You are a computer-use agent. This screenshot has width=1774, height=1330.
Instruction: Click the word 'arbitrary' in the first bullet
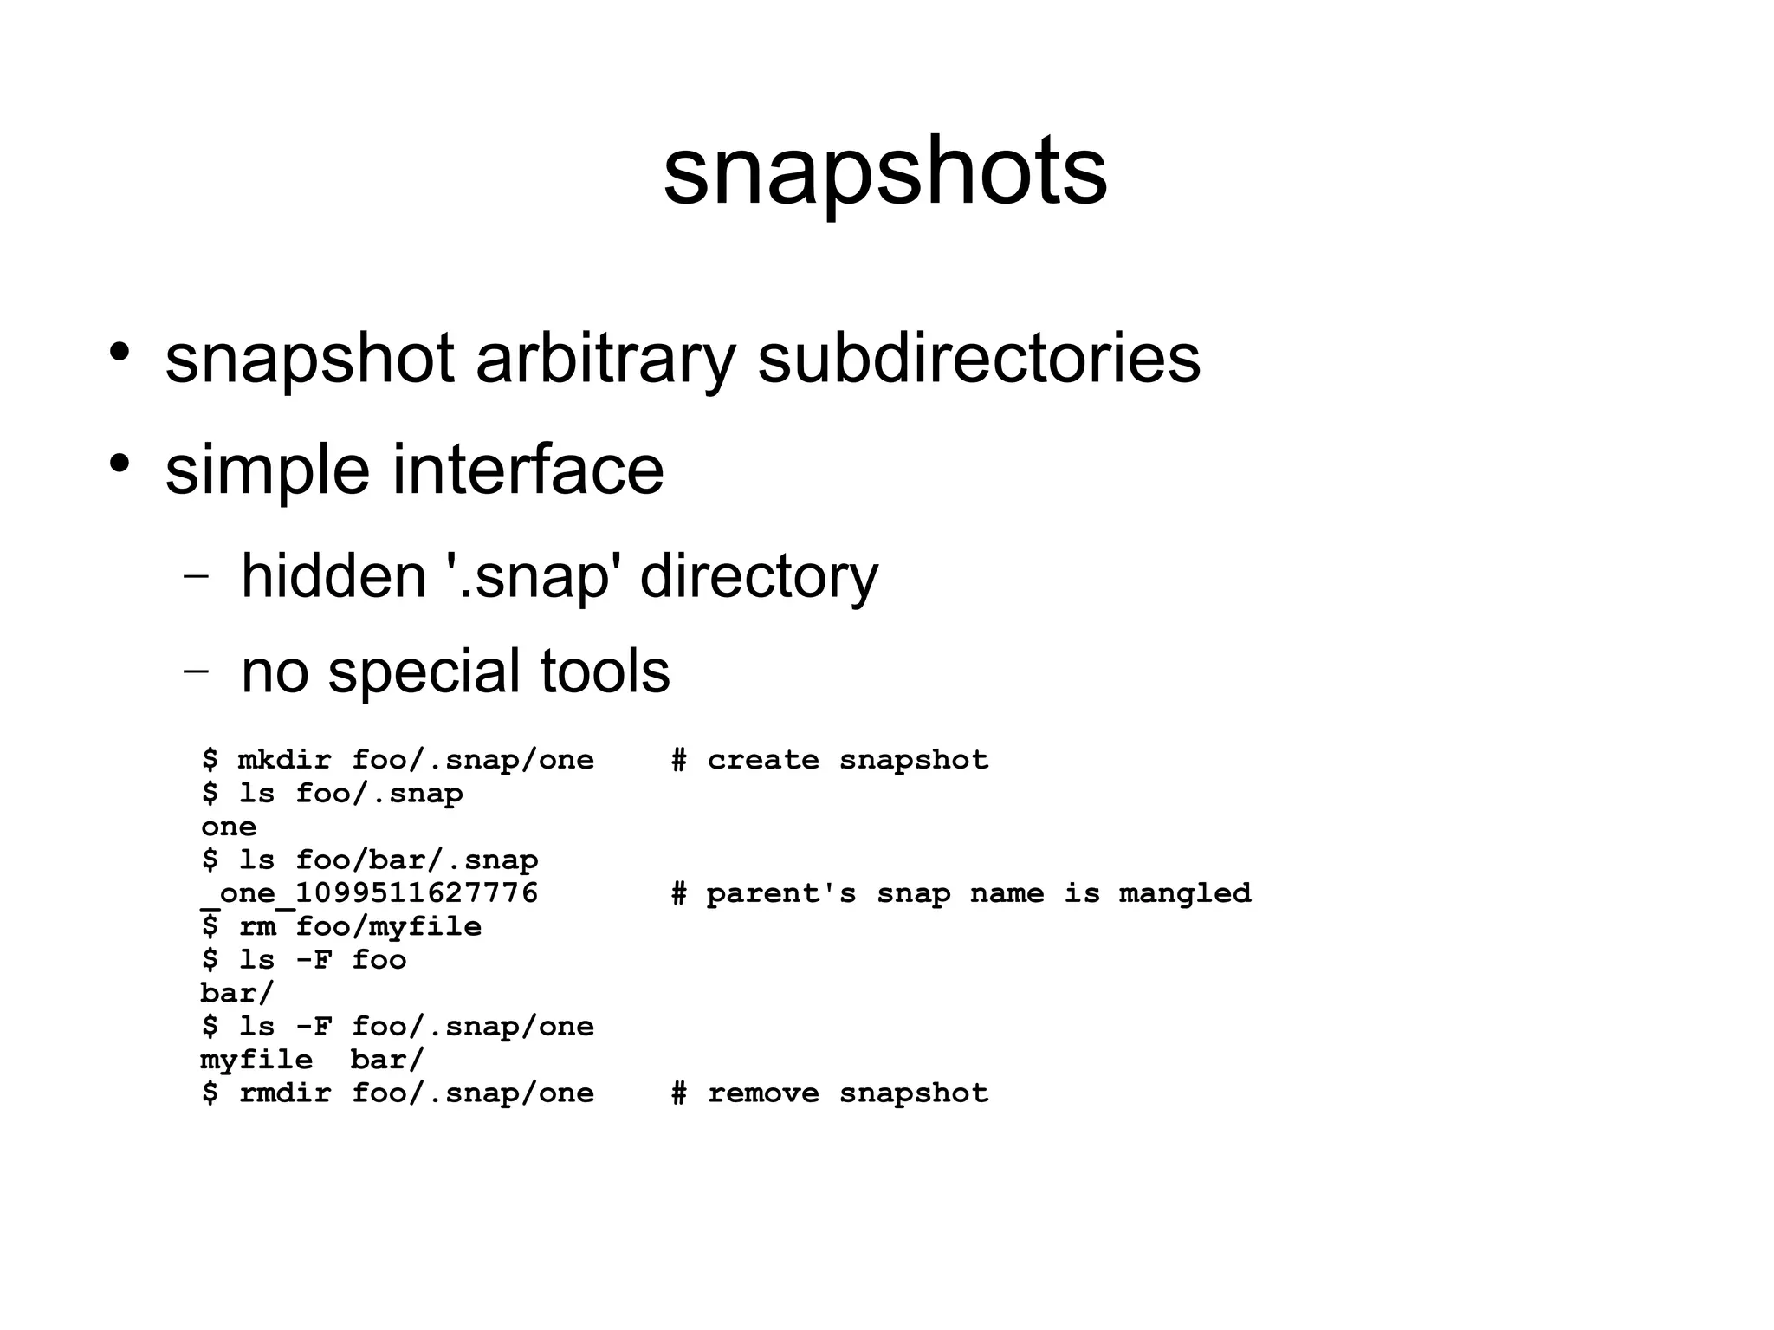pos(605,359)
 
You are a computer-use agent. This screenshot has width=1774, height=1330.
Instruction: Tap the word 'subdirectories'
pos(979,359)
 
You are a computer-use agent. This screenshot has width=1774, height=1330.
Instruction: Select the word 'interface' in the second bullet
pos(528,470)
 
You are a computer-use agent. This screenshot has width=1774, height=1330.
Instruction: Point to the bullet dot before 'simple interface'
pos(120,463)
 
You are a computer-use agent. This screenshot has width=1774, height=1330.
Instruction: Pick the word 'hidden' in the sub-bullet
pos(333,576)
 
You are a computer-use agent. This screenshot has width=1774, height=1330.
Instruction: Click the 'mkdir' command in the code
pos(284,760)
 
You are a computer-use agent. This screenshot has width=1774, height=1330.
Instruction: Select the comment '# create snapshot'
pos(830,760)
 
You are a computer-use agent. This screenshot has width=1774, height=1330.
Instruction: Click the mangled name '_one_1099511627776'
pos(370,893)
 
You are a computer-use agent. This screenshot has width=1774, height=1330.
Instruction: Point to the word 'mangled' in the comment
pos(1184,893)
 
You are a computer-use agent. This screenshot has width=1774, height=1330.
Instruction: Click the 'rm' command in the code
pos(257,926)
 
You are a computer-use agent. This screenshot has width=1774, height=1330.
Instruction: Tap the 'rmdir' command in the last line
pos(284,1093)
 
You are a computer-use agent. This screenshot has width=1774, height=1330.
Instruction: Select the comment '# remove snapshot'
pos(830,1093)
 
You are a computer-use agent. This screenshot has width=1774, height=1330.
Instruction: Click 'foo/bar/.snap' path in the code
pos(417,860)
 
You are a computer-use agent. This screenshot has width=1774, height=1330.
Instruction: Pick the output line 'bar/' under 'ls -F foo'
pos(236,993)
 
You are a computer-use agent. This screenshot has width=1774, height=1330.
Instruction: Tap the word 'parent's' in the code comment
pos(780,893)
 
